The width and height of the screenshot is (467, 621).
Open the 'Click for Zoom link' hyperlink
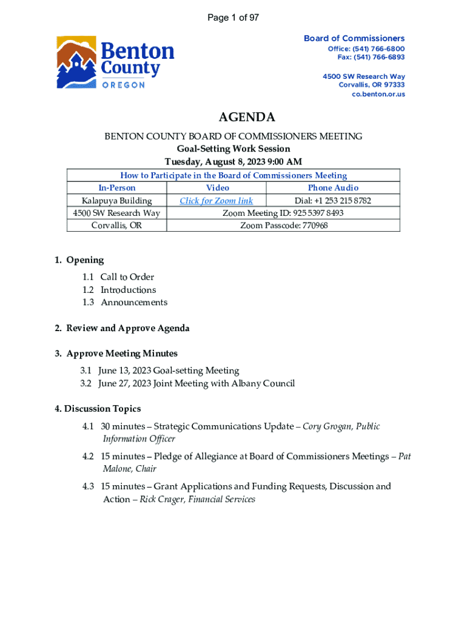(x=216, y=201)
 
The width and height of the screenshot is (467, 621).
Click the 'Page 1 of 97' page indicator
(x=233, y=18)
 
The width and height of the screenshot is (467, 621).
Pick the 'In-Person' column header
(x=116, y=188)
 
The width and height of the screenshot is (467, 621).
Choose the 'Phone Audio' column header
(x=333, y=188)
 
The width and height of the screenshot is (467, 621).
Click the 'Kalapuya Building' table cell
(x=116, y=201)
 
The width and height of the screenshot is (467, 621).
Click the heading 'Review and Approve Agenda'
(x=128, y=328)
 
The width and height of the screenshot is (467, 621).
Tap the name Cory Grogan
(x=328, y=426)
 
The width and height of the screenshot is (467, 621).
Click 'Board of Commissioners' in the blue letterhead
(x=354, y=38)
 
